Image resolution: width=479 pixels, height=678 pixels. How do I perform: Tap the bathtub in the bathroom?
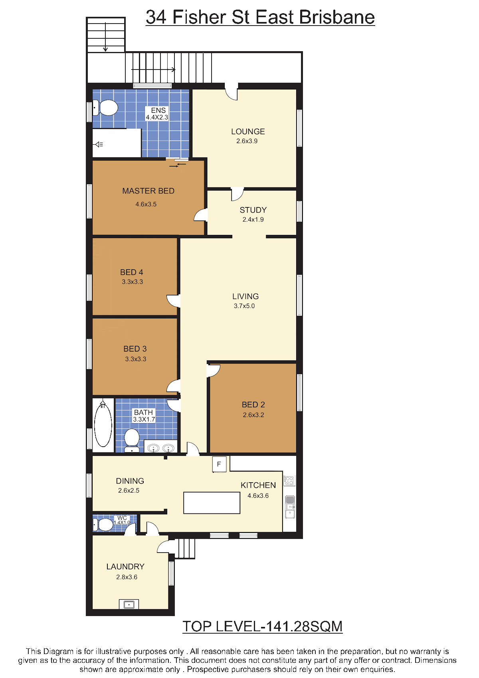pos(103,425)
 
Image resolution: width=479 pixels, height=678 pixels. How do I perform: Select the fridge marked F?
pos(219,464)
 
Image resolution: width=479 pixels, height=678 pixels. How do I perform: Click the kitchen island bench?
pos(212,503)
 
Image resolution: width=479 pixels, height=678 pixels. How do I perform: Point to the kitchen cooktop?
pos(289,480)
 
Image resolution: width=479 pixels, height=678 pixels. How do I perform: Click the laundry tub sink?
pos(129,604)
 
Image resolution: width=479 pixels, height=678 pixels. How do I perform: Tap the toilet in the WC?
pos(103,525)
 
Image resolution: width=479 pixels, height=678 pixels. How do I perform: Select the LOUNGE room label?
pos(248,131)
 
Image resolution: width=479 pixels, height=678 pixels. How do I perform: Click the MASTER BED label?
pos(148,191)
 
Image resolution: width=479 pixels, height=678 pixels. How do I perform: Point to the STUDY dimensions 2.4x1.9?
pos(253,219)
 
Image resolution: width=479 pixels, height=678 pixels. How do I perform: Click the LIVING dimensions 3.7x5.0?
pos(244,306)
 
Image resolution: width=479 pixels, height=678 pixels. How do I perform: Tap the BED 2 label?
pos(253,404)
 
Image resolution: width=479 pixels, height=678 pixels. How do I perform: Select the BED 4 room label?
pos(132,272)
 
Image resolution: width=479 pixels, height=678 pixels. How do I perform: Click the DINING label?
pos(130,481)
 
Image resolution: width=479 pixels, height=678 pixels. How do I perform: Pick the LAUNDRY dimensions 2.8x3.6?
pos(127,577)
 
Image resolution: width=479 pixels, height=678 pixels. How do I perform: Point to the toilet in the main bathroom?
pos(132,439)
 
